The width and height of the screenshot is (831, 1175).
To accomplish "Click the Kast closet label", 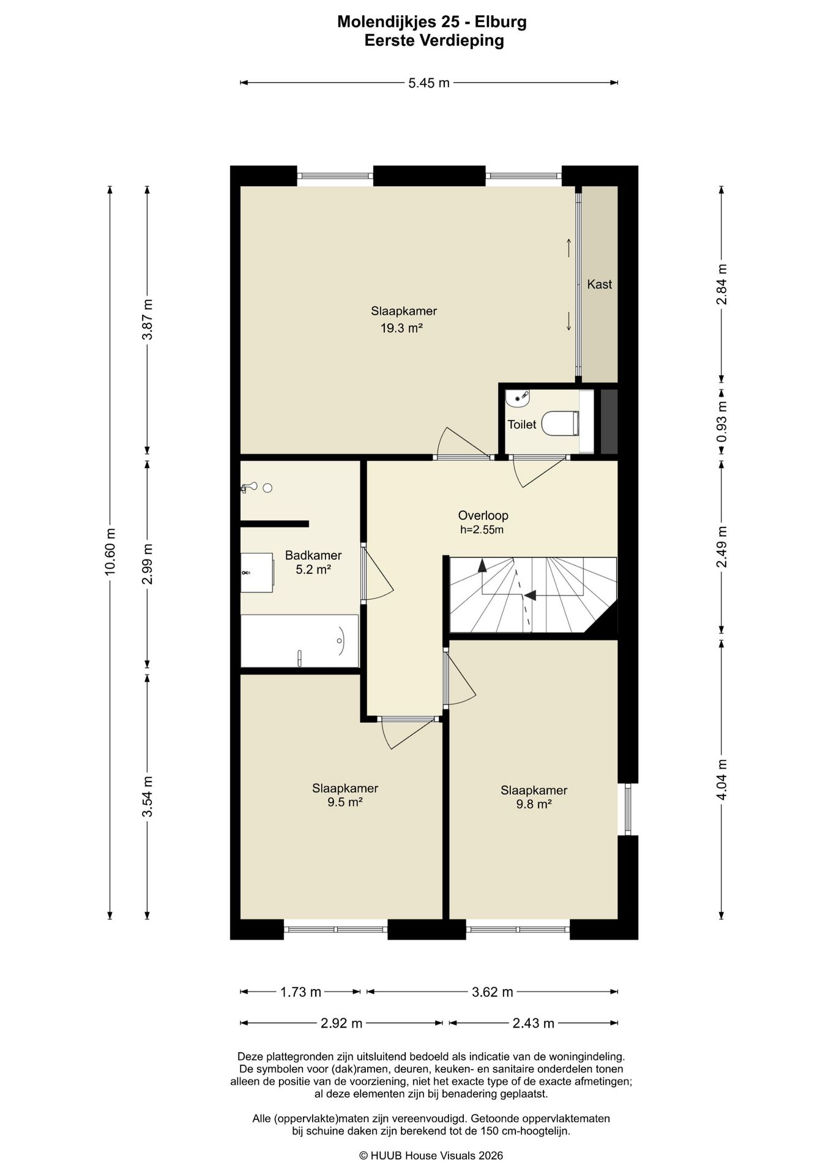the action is [x=599, y=284].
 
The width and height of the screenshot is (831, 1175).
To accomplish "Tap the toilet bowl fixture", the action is [x=561, y=423].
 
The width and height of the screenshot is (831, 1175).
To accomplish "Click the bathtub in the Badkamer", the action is [x=299, y=641].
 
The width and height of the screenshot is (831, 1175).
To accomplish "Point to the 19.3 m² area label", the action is [x=402, y=328].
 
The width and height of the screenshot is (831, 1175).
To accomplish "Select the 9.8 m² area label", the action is [x=534, y=804].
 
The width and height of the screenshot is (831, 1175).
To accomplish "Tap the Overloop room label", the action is [x=483, y=515].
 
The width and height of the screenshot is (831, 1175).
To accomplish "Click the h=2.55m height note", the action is [x=482, y=530].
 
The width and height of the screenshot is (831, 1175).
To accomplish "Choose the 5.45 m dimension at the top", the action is [x=429, y=83].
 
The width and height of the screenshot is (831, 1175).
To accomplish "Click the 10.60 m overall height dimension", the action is [x=110, y=551].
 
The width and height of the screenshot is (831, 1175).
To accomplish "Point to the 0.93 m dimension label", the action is [x=722, y=422].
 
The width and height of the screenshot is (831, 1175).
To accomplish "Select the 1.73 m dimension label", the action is [x=300, y=992].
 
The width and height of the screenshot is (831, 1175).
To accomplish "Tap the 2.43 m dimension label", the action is [x=533, y=1023].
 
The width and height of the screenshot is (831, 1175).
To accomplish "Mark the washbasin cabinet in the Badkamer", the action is [x=257, y=573].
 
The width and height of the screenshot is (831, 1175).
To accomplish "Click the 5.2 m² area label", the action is [x=313, y=570].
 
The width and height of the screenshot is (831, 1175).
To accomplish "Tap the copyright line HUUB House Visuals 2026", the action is [x=431, y=1155].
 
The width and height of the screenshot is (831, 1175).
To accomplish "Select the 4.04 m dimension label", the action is [x=722, y=780].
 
